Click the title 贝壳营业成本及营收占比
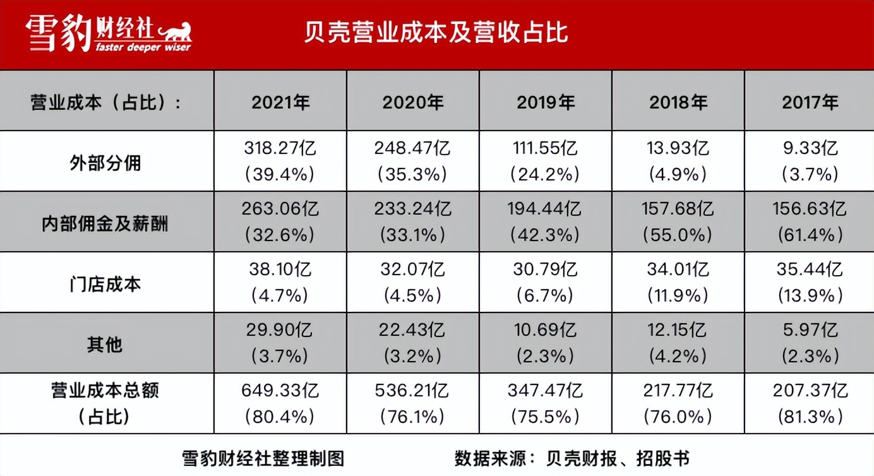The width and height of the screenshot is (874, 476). tap(436, 33)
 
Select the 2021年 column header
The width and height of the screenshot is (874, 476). tap(280, 102)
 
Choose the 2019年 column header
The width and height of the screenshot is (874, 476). tap(546, 102)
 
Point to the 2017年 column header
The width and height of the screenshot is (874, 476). tap(810, 102)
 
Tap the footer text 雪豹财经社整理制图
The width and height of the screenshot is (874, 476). tap(263, 458)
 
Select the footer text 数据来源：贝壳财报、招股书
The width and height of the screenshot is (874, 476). tap(572, 458)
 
